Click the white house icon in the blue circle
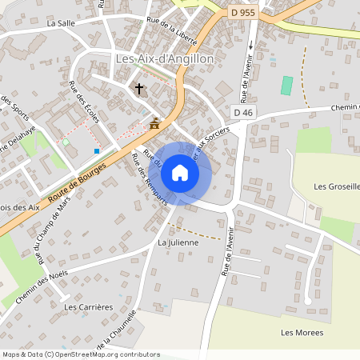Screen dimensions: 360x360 (180, 173)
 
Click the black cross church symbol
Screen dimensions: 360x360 (139, 89)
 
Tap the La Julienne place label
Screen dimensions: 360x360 (176, 241)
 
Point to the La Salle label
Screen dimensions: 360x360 (61, 23)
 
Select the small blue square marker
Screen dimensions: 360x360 (97, 150)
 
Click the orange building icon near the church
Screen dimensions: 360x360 (154, 123)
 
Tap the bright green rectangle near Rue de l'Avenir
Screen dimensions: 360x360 (286, 86)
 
